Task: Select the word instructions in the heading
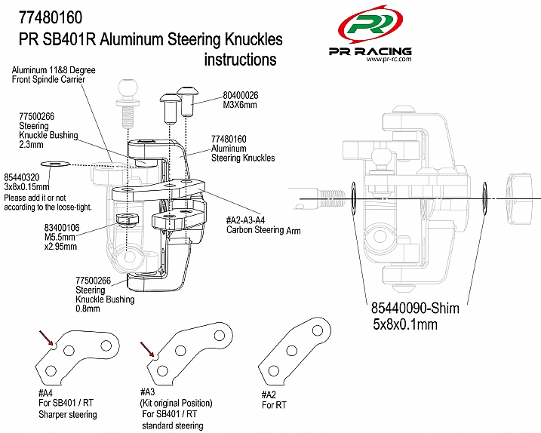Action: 240,59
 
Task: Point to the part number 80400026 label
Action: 241,95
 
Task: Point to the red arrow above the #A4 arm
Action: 47,337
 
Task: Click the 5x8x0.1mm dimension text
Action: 405,325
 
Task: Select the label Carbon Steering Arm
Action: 263,230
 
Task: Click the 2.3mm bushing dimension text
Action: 33,144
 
